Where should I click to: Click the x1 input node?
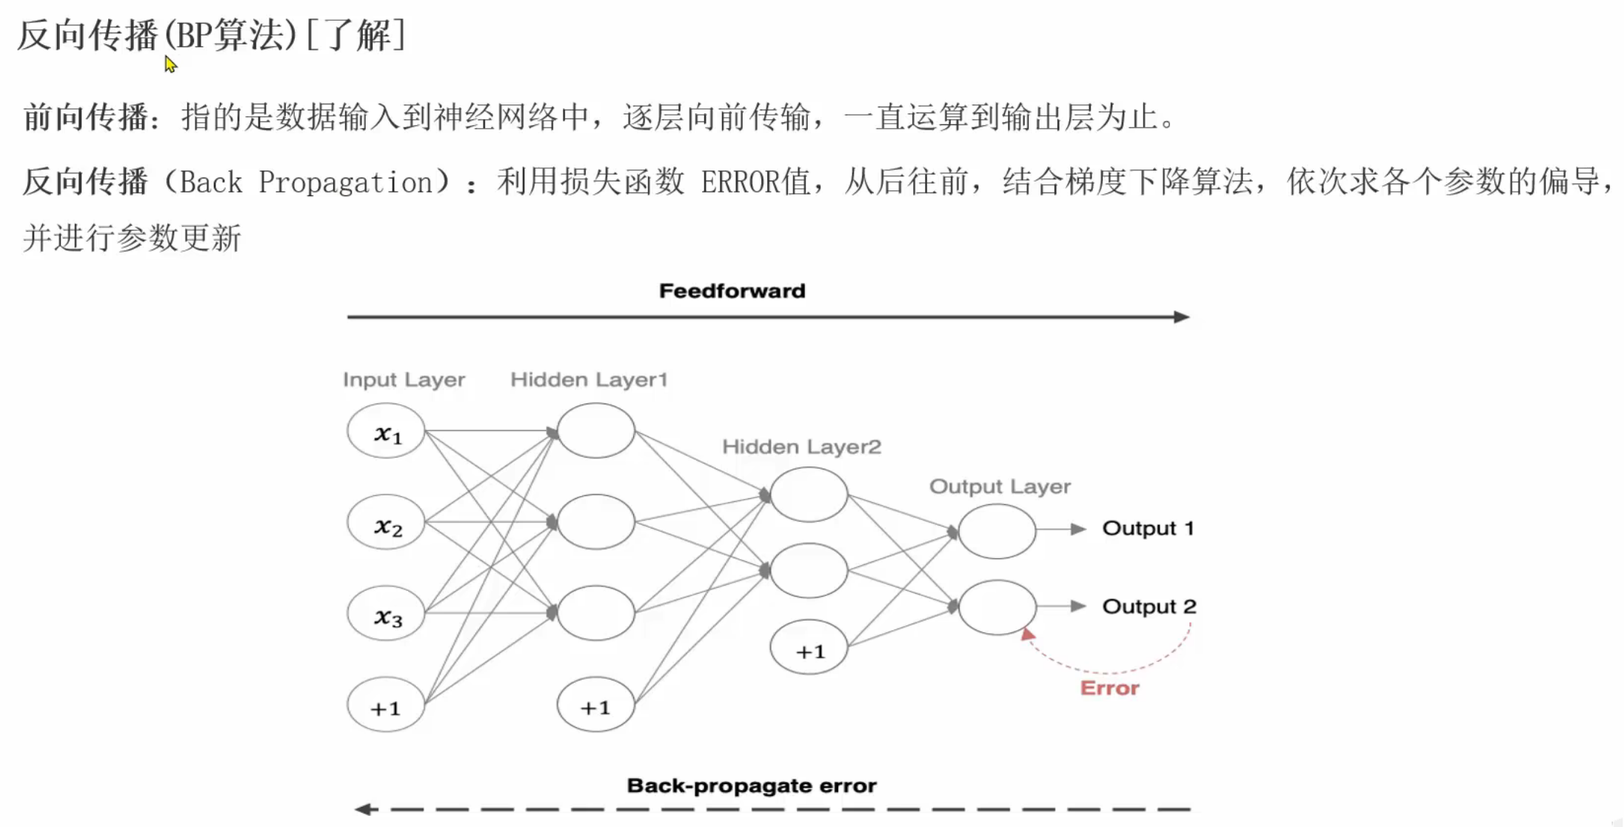[386, 431]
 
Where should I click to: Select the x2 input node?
[386, 523]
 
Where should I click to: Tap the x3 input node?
[386, 614]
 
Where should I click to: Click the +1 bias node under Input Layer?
[386, 706]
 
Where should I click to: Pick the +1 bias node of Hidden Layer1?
[596, 706]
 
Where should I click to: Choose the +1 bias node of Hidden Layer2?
[809, 649]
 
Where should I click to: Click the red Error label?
[1109, 689]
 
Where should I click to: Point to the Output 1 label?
[1148, 529]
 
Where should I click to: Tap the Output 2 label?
[1149, 607]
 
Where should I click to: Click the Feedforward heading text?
[732, 291]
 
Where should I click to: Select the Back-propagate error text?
[752, 786]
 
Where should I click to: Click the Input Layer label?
[404, 380]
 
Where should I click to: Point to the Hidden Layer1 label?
[589, 380]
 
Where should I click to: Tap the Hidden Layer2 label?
[801, 447]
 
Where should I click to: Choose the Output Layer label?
[1000, 486]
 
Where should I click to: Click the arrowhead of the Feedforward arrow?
[1182, 317]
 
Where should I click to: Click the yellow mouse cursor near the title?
[170, 64]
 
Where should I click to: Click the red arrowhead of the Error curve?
[1028, 635]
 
